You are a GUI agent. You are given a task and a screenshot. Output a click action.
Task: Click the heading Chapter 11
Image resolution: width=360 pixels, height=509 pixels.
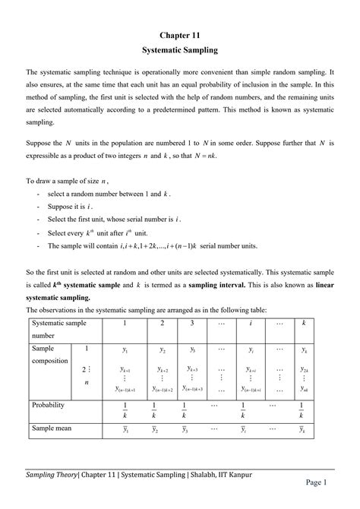coord(180,35)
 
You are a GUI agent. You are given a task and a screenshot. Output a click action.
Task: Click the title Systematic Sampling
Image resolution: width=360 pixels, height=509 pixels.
coord(180,50)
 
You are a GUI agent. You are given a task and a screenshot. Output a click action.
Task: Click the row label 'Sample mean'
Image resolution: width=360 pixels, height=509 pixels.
coord(51,428)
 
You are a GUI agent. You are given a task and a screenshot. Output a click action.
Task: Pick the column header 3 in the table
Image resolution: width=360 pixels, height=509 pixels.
coord(192,324)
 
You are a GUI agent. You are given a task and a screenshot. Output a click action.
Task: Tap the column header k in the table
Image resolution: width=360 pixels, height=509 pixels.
coord(303,324)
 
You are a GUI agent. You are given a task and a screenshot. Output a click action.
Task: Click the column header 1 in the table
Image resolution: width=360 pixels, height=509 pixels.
coord(125,324)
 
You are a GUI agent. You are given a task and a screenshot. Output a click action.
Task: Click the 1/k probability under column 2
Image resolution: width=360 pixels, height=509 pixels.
coord(153,411)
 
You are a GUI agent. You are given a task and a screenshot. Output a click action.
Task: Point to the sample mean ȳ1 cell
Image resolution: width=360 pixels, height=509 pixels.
coord(125,430)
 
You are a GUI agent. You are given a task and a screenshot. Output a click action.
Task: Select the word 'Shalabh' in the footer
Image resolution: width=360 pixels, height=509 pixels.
coord(194,475)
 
